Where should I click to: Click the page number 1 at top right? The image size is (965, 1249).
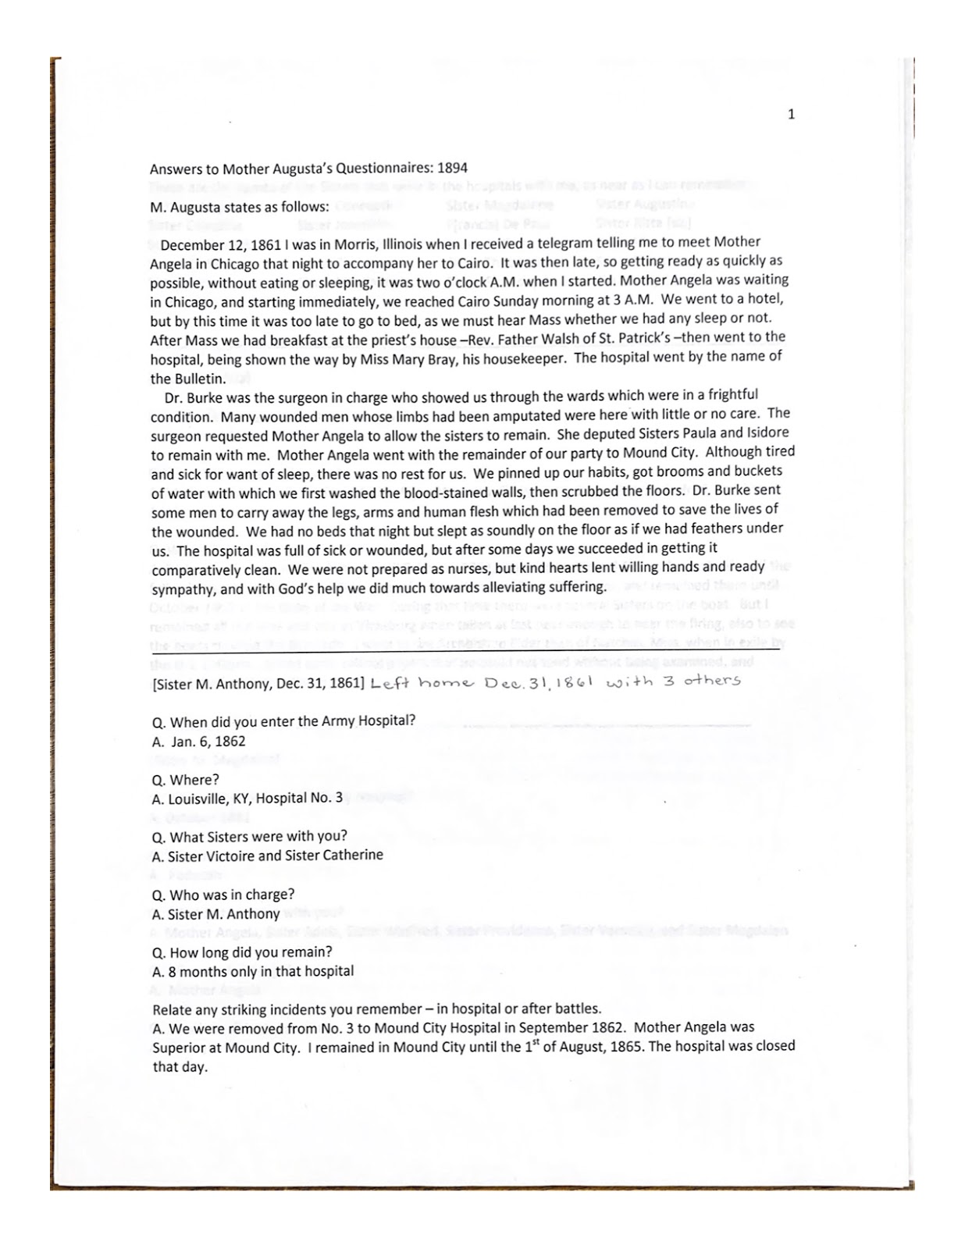point(792,115)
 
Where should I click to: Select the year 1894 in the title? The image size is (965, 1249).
point(453,167)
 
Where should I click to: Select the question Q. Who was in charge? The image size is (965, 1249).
point(223,895)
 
